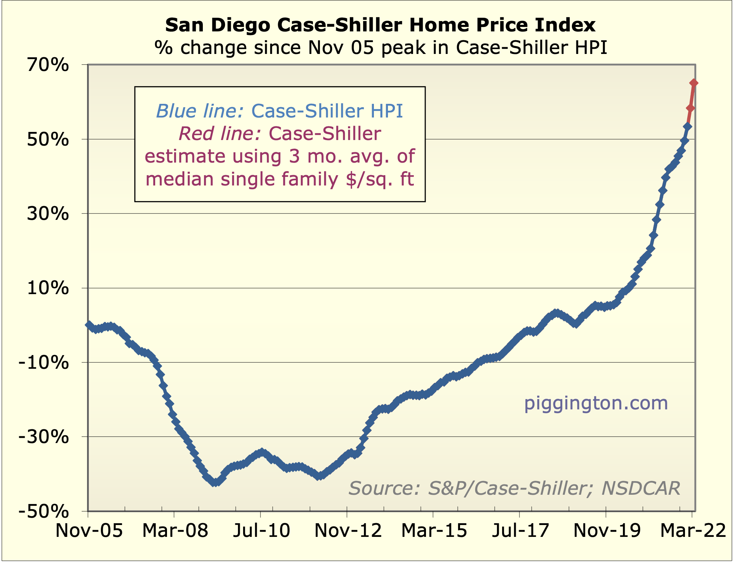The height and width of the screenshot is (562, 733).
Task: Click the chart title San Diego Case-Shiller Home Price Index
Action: (x=380, y=25)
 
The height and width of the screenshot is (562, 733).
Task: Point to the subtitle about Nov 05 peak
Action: (x=381, y=48)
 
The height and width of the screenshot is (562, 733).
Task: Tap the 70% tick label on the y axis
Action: (x=48, y=65)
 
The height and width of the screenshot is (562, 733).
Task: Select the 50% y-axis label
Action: (x=48, y=140)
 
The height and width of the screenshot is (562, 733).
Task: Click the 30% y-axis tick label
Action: (x=48, y=214)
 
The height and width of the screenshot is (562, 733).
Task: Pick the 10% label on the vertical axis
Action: (x=48, y=288)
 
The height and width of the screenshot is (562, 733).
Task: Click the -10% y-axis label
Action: (x=44, y=363)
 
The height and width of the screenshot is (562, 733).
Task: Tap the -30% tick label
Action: (x=44, y=437)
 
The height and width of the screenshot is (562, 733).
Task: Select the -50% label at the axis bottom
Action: (x=44, y=512)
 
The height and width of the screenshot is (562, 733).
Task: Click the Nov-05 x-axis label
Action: (x=89, y=531)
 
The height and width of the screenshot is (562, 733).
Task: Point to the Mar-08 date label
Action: (x=175, y=531)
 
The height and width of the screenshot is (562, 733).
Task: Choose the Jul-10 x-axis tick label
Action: (x=262, y=531)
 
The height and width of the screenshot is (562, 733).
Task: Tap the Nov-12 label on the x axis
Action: (x=348, y=531)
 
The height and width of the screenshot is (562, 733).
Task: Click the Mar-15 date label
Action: (x=434, y=531)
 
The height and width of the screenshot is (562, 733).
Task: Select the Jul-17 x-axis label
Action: (x=521, y=531)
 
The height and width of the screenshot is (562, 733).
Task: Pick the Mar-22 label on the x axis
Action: (x=693, y=531)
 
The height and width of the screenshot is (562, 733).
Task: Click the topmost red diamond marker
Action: (x=694, y=83)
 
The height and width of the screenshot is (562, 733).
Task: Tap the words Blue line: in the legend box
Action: (x=200, y=111)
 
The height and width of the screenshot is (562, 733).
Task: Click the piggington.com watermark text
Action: (x=596, y=403)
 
